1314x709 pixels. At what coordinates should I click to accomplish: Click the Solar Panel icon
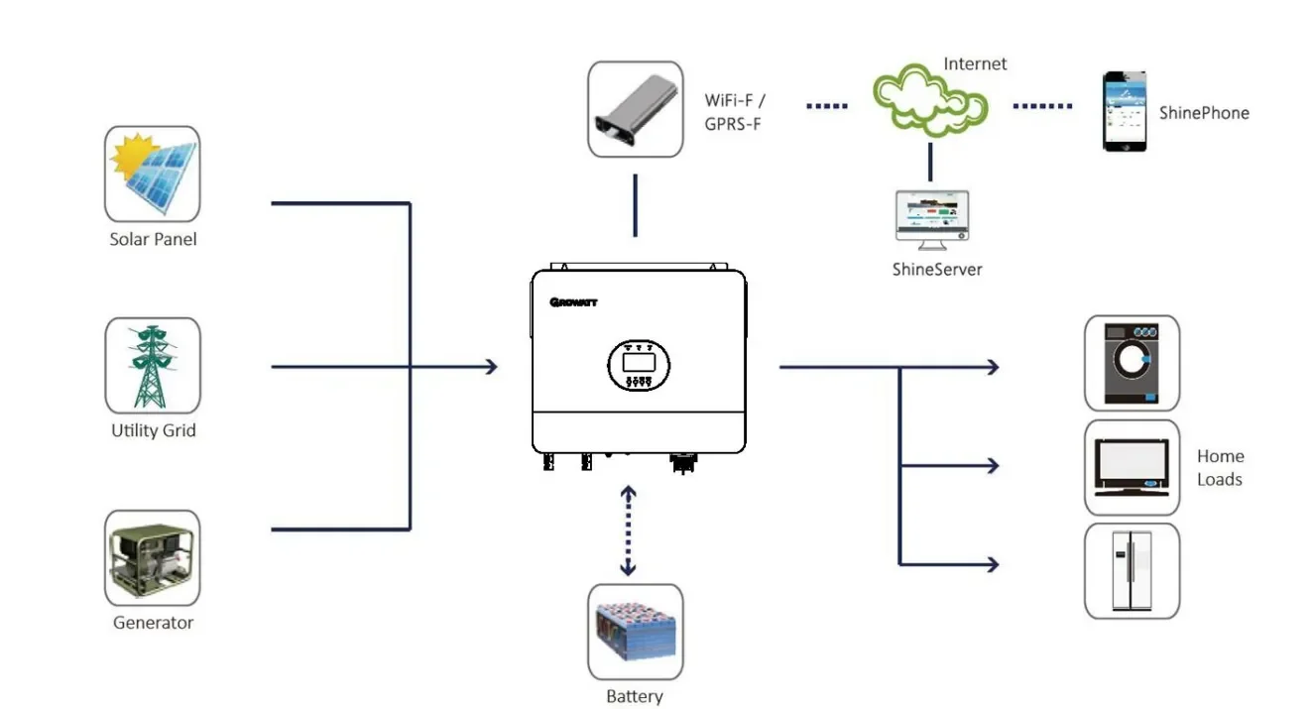click(x=153, y=174)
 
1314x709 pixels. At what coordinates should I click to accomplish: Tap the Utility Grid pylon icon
click(x=153, y=365)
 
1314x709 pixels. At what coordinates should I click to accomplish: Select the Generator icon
click(x=153, y=557)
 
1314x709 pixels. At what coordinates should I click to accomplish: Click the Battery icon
click(x=636, y=632)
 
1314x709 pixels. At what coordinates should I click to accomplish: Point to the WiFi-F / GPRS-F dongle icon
click(x=636, y=109)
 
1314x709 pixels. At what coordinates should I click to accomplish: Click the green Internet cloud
click(x=930, y=100)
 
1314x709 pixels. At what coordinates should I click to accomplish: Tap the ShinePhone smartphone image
click(x=1124, y=111)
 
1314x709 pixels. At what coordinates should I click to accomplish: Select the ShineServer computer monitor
click(x=932, y=220)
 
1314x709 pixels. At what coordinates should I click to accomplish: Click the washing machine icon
click(x=1132, y=363)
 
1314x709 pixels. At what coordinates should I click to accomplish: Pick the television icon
click(x=1132, y=467)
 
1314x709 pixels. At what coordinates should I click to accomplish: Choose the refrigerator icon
click(x=1132, y=571)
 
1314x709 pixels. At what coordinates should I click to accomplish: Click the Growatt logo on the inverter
click(x=573, y=302)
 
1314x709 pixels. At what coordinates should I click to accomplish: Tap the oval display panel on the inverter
click(x=639, y=365)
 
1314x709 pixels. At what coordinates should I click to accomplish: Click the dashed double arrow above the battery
click(x=629, y=531)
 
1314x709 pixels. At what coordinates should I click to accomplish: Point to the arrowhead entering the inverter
click(x=492, y=367)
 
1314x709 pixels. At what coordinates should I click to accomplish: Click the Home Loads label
click(x=1220, y=467)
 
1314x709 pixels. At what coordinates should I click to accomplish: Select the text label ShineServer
click(x=937, y=269)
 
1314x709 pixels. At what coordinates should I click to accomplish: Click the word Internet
click(x=975, y=63)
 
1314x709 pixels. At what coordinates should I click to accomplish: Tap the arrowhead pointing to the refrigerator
click(x=993, y=565)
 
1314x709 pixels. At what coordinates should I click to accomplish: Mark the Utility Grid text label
click(x=154, y=430)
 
